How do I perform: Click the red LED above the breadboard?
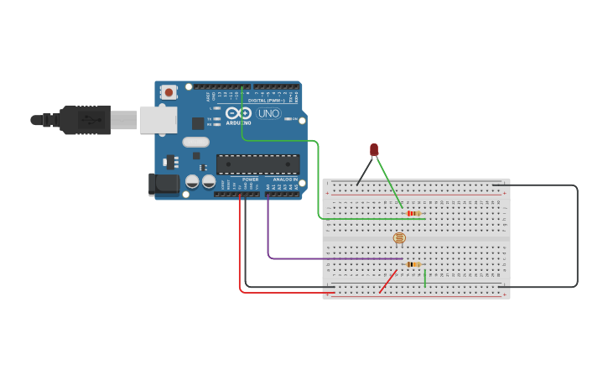pos(374,150)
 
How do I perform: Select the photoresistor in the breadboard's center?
pos(399,238)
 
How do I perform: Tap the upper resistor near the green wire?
pos(413,213)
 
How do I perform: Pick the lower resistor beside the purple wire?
pos(413,264)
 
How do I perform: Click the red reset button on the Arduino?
pos(169,92)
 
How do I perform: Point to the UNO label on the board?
pos(269,113)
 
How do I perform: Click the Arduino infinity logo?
pos(238,113)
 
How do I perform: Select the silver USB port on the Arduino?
pos(158,120)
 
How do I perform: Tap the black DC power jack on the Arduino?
pos(164,185)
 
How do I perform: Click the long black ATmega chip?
pos(257,164)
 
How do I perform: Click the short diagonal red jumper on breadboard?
pos(387,281)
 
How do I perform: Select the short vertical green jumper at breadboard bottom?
pos(425,278)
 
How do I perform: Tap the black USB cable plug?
pos(84,120)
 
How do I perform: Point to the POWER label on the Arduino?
pos(250,179)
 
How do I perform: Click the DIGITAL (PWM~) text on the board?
pos(265,101)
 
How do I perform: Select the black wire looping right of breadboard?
pos(577,235)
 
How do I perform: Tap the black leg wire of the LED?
pos(364,171)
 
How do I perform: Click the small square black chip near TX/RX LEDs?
pos(198,123)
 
